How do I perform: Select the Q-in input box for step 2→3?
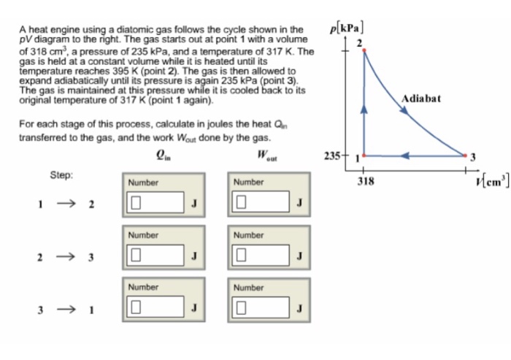[155, 256]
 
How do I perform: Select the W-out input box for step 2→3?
[262, 256]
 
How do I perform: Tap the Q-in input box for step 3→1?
[155, 307]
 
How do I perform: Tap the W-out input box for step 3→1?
[262, 307]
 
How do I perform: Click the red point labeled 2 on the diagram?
[364, 50]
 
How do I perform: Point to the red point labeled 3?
[465, 155]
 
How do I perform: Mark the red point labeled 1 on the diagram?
[364, 155]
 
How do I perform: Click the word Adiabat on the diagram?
[420, 99]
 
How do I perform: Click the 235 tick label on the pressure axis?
[333, 156]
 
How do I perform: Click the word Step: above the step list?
[61, 175]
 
